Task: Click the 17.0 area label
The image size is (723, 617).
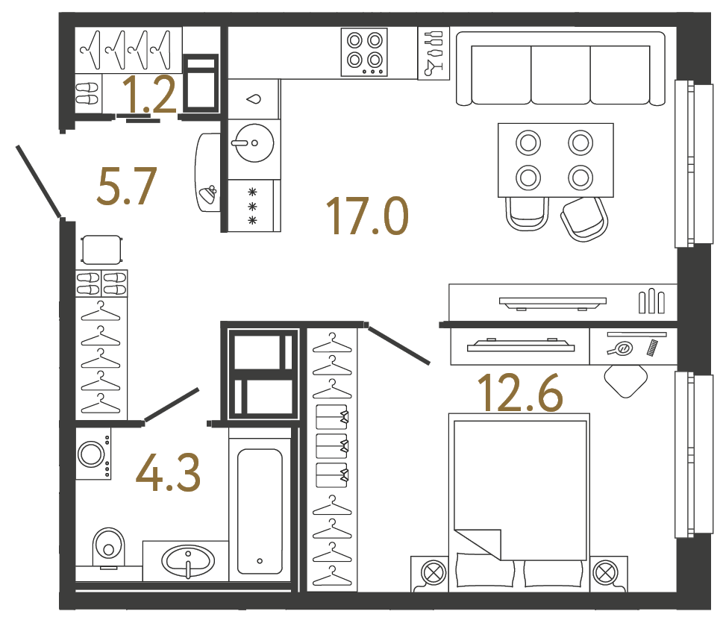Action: tap(368, 216)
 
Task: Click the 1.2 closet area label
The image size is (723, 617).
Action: tap(149, 95)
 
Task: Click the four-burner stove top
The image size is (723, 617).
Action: tap(364, 51)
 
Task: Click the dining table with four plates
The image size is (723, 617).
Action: tap(555, 160)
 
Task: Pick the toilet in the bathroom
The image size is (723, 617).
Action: tap(109, 548)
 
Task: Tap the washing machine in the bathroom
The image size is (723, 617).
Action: tap(93, 454)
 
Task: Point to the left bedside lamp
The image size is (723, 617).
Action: tap(432, 573)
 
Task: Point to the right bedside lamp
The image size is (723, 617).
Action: tap(602, 573)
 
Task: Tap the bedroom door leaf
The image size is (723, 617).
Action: tap(398, 345)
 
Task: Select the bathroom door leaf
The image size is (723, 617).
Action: tap(171, 405)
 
